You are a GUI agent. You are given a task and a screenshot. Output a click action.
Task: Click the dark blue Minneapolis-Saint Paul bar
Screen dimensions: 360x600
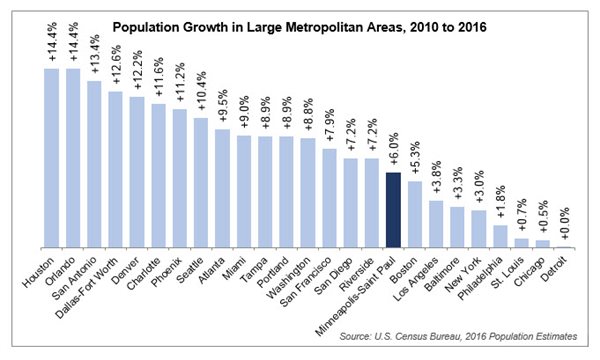393,209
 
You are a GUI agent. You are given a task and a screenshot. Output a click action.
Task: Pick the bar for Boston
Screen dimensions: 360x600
415,214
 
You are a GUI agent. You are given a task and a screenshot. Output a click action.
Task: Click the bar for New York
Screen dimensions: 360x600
479,228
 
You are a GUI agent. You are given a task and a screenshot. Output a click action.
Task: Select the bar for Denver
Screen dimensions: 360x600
137,171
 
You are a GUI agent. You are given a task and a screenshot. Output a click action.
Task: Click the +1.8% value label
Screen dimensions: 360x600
500,206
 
